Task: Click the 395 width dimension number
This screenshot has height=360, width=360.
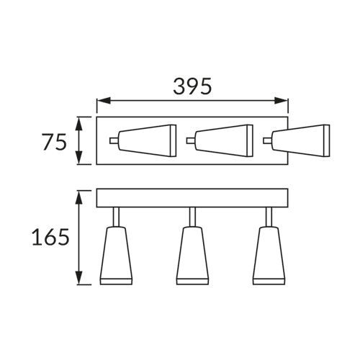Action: point(192,86)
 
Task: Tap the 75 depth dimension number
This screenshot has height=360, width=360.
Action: point(55,142)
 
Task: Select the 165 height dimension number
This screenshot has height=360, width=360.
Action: point(50,237)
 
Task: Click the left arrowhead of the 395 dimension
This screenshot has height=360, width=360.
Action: point(104,101)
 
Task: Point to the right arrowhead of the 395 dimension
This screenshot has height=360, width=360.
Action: point(281,101)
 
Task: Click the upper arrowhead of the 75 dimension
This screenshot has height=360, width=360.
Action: point(79,124)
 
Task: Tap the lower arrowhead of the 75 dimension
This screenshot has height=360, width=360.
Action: point(79,158)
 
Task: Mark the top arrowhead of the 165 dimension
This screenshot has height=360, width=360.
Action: point(79,197)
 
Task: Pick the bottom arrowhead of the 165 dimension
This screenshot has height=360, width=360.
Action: point(79,278)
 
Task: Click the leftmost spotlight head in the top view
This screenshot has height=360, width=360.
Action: point(148,140)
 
